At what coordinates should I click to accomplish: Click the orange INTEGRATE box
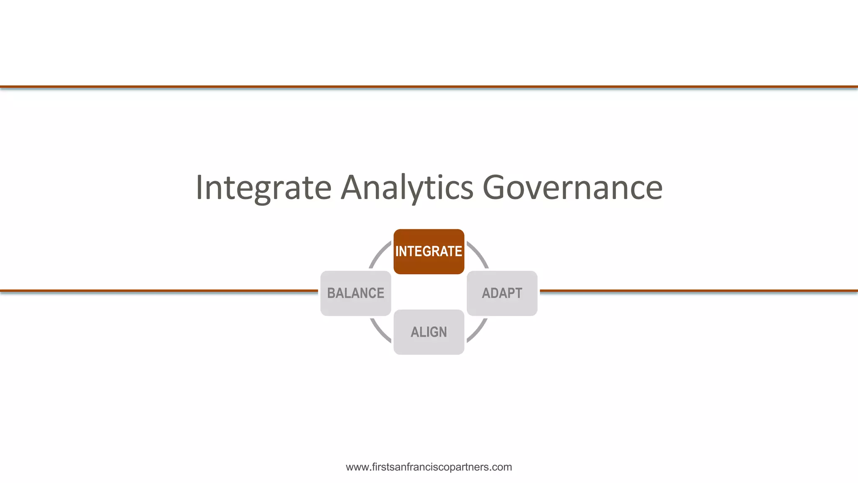pyautogui.click(x=429, y=252)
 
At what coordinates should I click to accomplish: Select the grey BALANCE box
pyautogui.click(x=355, y=293)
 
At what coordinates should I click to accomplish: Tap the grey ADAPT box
pyautogui.click(x=502, y=293)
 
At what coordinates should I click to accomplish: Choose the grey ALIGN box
pyautogui.click(x=429, y=332)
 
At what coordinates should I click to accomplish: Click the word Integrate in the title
pyautogui.click(x=264, y=187)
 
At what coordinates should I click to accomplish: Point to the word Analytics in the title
pyautogui.click(x=407, y=187)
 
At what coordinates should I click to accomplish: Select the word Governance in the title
pyautogui.click(x=572, y=187)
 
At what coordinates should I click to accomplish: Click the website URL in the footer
pyautogui.click(x=429, y=467)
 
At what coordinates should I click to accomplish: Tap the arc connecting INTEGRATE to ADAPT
pyautogui.click(x=479, y=254)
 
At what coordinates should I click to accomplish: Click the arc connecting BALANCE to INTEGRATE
pyautogui.click(x=378, y=254)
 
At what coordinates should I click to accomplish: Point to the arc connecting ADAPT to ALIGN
pyautogui.click(x=478, y=331)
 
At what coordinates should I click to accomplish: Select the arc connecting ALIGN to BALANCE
pyautogui.click(x=379, y=331)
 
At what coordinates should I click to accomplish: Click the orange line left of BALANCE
pyautogui.click(x=159, y=290)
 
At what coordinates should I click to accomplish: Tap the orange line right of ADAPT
pyautogui.click(x=699, y=290)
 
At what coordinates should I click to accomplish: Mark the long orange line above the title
pyautogui.click(x=429, y=87)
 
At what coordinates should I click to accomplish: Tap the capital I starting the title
pyautogui.click(x=200, y=187)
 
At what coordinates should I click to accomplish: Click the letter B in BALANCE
pyautogui.click(x=331, y=293)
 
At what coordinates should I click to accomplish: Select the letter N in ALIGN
pyautogui.click(x=442, y=332)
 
